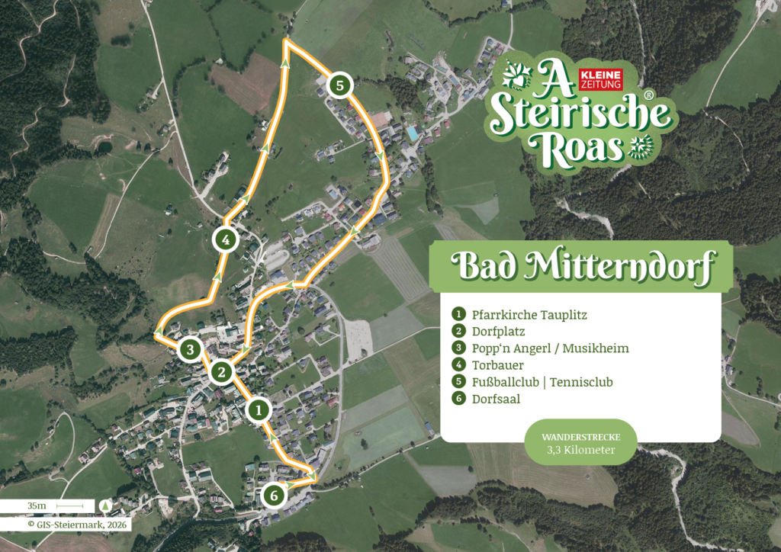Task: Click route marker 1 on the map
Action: (259, 410)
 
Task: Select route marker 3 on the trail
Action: (191, 350)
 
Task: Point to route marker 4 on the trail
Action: (224, 239)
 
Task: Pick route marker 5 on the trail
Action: (339, 85)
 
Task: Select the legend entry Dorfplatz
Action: (499, 331)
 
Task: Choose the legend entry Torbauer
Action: (497, 364)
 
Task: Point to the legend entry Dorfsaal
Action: (496, 398)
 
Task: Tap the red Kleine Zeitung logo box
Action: (602, 76)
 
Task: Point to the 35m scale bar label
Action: (37, 505)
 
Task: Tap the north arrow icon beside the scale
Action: (104, 505)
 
